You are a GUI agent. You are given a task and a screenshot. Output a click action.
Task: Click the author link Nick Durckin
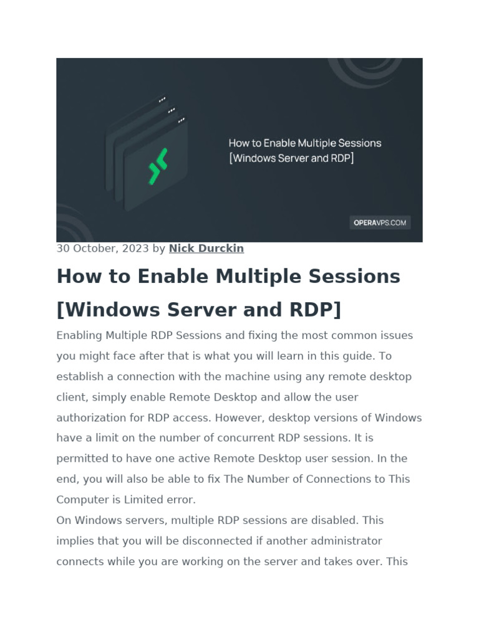point(206,249)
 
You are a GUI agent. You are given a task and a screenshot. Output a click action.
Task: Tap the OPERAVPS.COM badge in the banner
point(379,222)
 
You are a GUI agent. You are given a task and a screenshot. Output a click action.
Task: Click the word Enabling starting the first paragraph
point(79,335)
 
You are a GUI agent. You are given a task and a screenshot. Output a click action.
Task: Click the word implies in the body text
point(74,541)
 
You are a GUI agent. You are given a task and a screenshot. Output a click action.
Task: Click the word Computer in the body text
point(80,500)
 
